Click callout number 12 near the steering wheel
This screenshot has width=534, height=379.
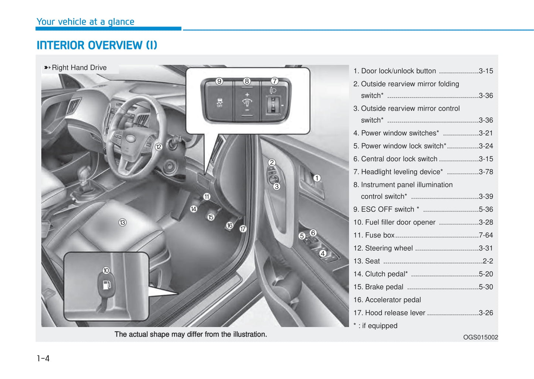[x=159, y=147]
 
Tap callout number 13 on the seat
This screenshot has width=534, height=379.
[x=122, y=222]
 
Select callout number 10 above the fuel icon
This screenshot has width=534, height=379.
[x=106, y=270]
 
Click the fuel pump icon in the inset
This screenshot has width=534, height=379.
[x=106, y=285]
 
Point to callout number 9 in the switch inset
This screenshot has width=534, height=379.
[x=219, y=81]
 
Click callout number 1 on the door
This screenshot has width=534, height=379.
[x=317, y=178]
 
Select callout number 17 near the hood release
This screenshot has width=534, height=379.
[x=243, y=229]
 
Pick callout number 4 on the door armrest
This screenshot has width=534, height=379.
[x=323, y=253]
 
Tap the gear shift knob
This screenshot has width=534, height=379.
[x=85, y=172]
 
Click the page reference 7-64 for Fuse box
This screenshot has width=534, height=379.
[x=486, y=235]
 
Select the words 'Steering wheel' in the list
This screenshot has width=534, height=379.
[x=389, y=248]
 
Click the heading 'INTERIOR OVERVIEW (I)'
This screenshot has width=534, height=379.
[x=97, y=45]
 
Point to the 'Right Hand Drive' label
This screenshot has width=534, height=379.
[x=79, y=68]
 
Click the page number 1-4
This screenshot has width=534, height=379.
[x=43, y=358]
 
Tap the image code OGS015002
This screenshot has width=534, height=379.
[x=480, y=337]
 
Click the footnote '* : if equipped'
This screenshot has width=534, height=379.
[x=375, y=326]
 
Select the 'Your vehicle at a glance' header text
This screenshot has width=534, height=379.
[x=85, y=22]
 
